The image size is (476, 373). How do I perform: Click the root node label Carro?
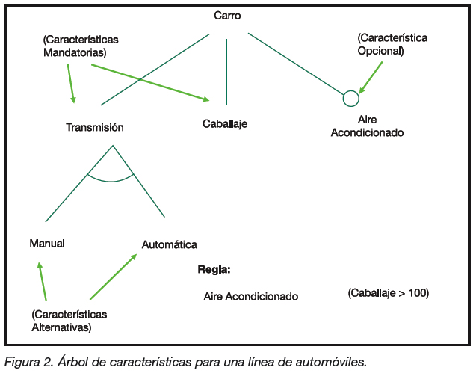click(226, 15)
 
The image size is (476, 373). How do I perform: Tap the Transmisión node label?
click(94, 127)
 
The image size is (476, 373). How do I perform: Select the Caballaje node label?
click(224, 124)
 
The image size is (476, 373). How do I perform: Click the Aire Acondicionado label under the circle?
click(366, 126)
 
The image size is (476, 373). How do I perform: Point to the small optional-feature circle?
click(350, 98)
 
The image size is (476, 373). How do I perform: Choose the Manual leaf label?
click(47, 244)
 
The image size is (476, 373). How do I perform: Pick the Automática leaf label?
click(170, 244)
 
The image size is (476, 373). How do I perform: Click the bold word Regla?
click(214, 269)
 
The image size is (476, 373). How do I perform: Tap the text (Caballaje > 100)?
click(388, 293)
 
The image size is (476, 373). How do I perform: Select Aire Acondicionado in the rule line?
click(250, 296)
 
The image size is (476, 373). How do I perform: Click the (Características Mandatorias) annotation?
click(81, 46)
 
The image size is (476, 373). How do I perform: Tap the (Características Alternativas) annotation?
click(69, 321)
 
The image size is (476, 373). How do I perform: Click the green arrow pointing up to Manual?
click(42, 281)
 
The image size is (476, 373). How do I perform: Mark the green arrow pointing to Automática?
click(113, 277)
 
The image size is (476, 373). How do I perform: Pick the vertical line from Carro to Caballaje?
click(226, 71)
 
